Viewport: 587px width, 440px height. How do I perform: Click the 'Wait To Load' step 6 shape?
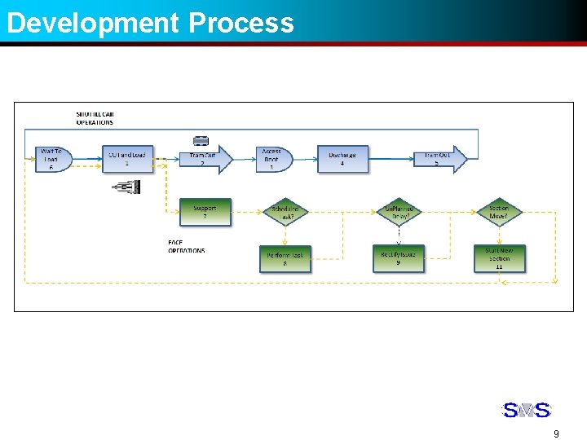[x=54, y=159]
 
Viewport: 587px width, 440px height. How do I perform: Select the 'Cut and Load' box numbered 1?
[x=127, y=159]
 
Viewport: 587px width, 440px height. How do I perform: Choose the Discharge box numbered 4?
[x=342, y=159]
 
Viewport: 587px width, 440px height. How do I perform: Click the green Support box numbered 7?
[x=205, y=212]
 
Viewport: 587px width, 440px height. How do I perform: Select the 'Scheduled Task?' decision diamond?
[x=285, y=213]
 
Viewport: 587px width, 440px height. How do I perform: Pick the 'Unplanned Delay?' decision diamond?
[x=399, y=213]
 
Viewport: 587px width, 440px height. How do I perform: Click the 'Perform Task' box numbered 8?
[x=285, y=259]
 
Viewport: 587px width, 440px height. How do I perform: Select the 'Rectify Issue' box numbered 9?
[x=398, y=258]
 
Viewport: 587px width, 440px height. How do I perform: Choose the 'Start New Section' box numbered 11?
[x=499, y=258]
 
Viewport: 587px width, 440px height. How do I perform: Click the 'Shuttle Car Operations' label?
[x=95, y=118]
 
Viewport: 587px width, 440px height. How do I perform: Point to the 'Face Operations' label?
[x=187, y=247]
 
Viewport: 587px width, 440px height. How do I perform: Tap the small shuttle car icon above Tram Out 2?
[x=201, y=141]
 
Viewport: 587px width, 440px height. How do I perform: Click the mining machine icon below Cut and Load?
[x=127, y=187]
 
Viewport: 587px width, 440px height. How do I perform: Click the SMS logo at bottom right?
[x=526, y=410]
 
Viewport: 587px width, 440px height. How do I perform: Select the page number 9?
[x=556, y=433]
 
